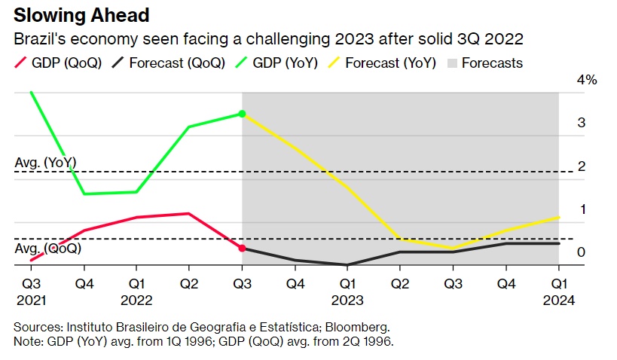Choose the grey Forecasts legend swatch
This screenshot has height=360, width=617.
[451, 63]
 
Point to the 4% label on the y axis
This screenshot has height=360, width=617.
[587, 80]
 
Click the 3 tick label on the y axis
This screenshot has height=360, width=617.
[581, 123]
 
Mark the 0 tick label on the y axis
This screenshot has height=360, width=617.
[581, 252]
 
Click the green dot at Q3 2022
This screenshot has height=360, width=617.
[242, 114]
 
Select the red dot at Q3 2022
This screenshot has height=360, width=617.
[242, 248]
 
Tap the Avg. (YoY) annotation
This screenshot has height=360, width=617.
[46, 163]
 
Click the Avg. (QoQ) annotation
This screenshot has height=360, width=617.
[48, 248]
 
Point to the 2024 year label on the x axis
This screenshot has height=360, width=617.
[558, 300]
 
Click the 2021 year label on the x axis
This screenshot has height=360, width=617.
[31, 300]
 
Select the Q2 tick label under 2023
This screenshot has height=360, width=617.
[400, 285]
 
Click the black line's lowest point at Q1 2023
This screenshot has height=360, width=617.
[347, 265]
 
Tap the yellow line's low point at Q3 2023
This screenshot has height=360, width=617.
[453, 248]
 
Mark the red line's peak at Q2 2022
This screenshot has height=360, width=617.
[189, 213]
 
